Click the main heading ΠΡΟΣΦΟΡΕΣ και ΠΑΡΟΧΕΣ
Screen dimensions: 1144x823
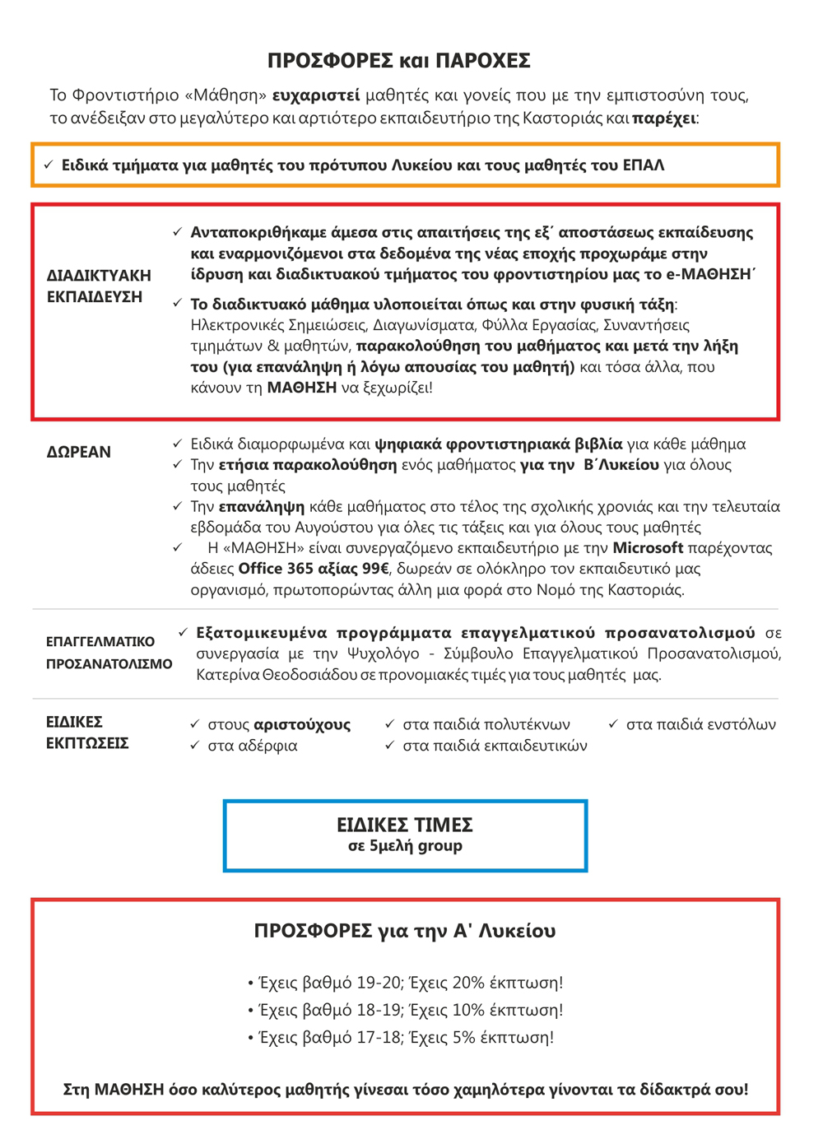tap(399, 61)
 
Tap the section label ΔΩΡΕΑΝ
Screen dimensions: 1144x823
tap(78, 452)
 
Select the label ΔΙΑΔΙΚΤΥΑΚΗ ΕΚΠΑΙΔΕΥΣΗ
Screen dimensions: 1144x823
tap(99, 286)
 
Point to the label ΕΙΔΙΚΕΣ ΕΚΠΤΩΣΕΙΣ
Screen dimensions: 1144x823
tap(87, 732)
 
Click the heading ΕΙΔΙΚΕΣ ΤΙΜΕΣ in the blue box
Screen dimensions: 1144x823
tap(405, 825)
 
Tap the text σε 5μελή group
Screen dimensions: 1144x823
tap(405, 846)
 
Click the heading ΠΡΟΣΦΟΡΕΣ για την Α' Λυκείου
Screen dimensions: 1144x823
tap(405, 931)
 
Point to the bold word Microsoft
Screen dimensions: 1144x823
tap(648, 548)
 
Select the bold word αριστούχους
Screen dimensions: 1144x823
tap(302, 725)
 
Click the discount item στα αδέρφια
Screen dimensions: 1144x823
tap(252, 746)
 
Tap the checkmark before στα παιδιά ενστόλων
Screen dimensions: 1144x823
tap(613, 724)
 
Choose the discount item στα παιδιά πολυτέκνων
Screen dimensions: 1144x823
tap(486, 725)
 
